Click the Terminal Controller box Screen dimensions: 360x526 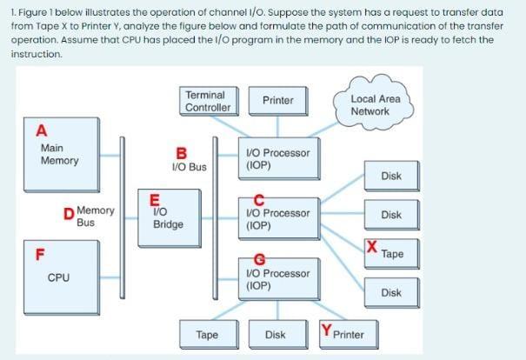208,101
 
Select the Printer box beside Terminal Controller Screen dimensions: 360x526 277,101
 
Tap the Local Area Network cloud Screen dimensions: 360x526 375,105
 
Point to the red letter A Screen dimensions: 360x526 40,131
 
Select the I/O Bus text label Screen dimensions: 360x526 190,167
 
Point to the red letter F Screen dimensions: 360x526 39,255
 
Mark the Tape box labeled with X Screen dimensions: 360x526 391,255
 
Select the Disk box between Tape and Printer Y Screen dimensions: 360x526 275,334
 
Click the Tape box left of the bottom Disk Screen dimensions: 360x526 207,334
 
